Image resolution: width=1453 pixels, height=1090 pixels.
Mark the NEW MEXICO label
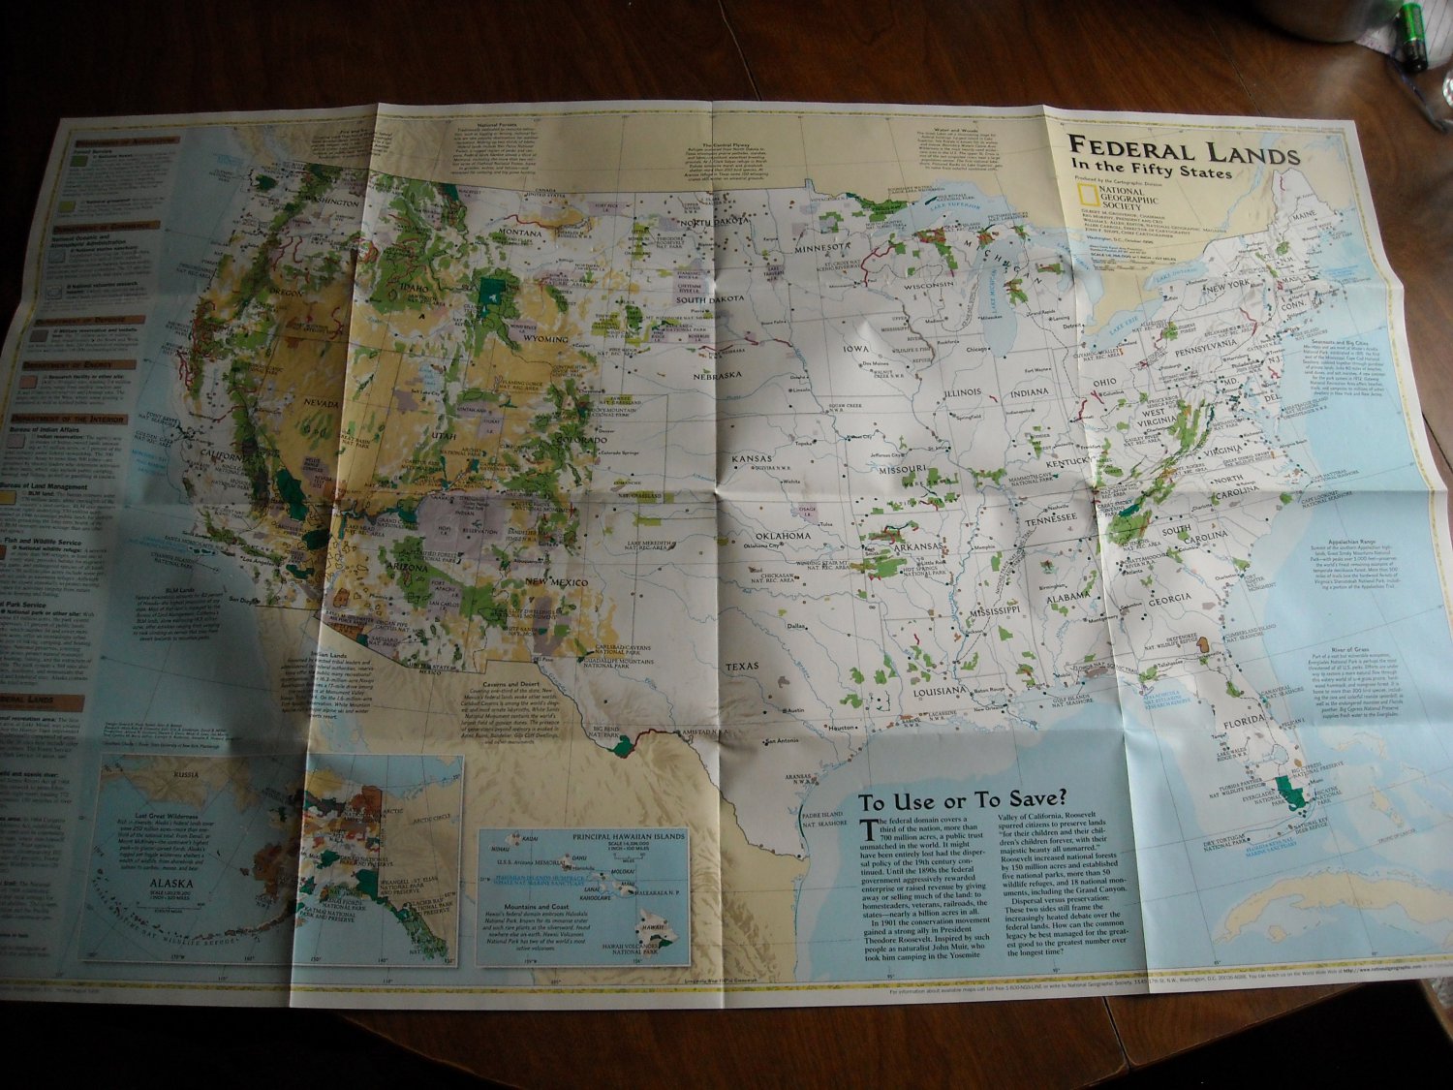pyautogui.click(x=552, y=579)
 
